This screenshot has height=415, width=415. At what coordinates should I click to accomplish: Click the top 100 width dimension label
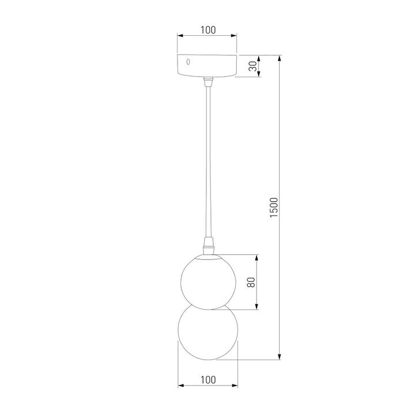(x=209, y=29)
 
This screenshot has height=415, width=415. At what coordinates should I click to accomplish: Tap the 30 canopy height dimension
(x=252, y=66)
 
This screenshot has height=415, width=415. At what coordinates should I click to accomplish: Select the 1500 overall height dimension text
(x=274, y=207)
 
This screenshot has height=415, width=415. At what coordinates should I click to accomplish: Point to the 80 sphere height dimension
(x=251, y=282)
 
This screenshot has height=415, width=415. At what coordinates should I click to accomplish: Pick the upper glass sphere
(x=207, y=281)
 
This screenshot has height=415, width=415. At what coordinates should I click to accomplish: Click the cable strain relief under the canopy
(x=208, y=82)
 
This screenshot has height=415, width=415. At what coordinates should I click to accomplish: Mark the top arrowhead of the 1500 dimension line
(x=280, y=58)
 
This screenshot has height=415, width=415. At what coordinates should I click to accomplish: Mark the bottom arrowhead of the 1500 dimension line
(x=280, y=357)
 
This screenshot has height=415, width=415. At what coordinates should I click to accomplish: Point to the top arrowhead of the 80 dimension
(x=257, y=257)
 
